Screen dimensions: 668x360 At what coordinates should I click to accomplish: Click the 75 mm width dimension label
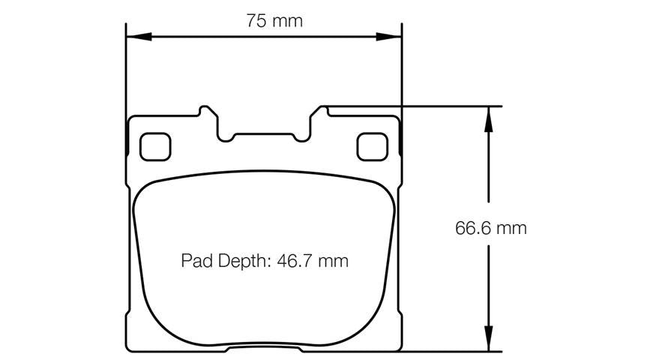274,21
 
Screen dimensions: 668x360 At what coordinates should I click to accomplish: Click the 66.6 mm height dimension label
491,228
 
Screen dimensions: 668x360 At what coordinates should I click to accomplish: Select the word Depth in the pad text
244,261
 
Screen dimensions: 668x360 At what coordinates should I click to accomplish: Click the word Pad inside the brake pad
197,261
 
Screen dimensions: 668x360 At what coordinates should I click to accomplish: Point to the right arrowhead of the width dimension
388,37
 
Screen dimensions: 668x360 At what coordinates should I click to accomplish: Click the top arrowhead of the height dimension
489,119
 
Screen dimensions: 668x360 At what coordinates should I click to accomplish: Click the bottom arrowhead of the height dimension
489,339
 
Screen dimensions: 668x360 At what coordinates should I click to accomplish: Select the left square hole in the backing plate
155,146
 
